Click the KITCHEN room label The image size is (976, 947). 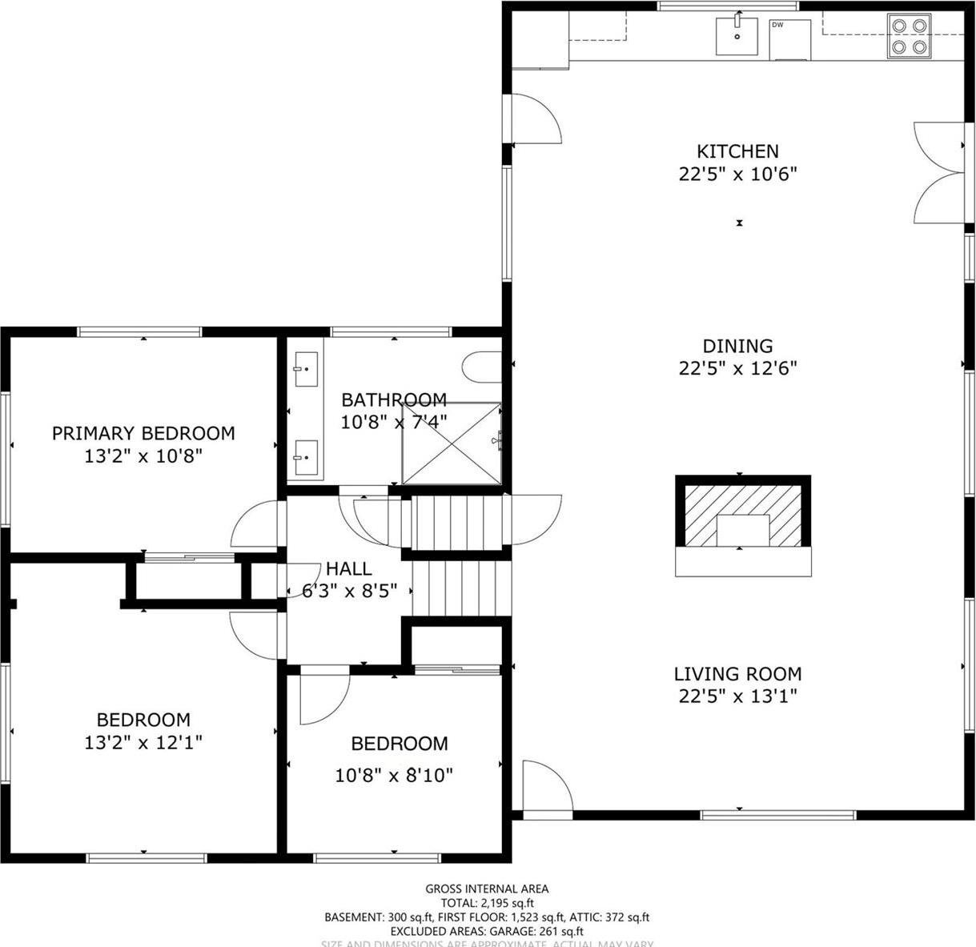737,151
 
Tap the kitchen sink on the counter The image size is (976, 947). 736,36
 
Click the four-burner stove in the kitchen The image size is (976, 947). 909,36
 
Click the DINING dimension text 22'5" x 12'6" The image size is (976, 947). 737,368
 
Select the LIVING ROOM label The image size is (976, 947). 737,674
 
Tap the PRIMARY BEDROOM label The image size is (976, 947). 143,433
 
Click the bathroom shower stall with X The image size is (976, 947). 451,443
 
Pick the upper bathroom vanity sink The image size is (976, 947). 303,370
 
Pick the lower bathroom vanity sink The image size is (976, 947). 303,459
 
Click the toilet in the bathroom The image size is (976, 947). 480,367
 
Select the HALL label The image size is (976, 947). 348,569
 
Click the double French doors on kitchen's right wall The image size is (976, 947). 938,172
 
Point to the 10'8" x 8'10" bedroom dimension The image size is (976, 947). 394,776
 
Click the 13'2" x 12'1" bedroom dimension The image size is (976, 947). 143,743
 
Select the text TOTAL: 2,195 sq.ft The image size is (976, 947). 486,902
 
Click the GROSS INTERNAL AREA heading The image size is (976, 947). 486,889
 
